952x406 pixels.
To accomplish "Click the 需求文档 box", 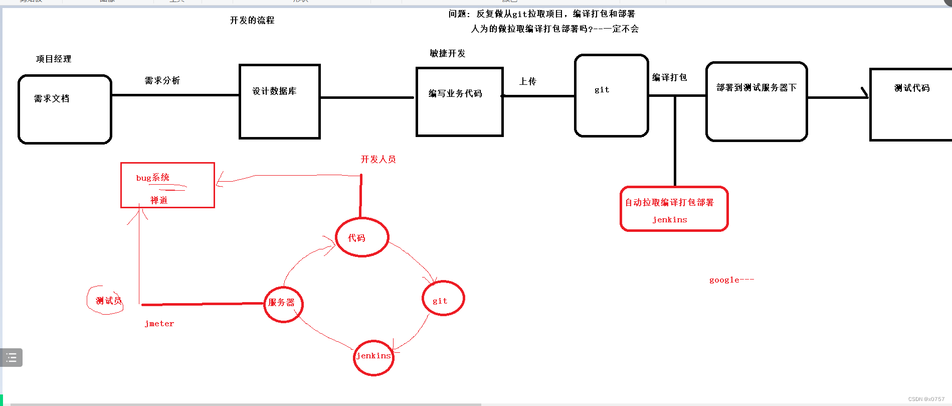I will [x=65, y=109].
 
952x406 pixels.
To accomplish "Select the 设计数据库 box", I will [x=280, y=101].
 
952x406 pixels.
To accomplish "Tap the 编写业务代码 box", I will [x=459, y=102].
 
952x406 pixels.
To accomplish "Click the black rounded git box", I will [x=612, y=95].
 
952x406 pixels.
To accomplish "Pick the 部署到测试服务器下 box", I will [x=756, y=101].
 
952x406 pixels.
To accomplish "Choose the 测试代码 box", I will [x=910, y=104].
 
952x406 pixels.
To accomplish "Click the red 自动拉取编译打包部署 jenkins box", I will [x=674, y=209].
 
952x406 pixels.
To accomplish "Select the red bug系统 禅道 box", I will [x=167, y=185].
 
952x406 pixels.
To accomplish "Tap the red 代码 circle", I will [x=362, y=237].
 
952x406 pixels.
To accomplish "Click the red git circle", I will [x=443, y=299].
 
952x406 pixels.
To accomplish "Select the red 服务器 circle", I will [x=283, y=304].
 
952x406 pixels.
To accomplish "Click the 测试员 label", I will [x=108, y=301].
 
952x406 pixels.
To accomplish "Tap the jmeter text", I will [x=159, y=324].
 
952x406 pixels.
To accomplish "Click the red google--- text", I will [x=731, y=280].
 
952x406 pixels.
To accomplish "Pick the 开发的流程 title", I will [x=252, y=21].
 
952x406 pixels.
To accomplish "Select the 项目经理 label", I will [x=54, y=59].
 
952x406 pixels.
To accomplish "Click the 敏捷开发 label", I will [x=448, y=54].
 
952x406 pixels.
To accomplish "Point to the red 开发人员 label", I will [x=378, y=160].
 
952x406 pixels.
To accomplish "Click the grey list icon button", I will [x=11, y=358].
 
